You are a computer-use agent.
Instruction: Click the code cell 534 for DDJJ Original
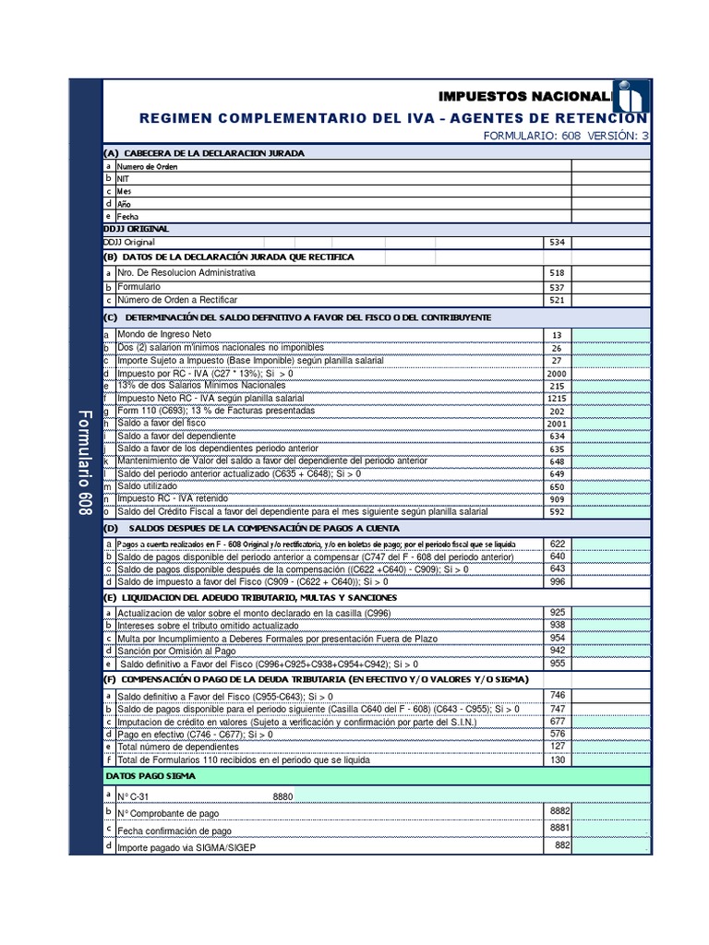(557, 243)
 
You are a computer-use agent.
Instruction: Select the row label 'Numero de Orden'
(147, 167)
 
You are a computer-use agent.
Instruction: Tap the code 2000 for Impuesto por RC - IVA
(557, 373)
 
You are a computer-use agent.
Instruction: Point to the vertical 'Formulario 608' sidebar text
(84, 461)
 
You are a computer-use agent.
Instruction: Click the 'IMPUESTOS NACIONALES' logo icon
(633, 97)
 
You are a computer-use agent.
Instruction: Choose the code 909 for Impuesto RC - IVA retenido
(557, 498)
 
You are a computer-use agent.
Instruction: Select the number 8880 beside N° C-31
(283, 796)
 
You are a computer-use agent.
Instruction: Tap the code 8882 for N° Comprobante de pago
(559, 810)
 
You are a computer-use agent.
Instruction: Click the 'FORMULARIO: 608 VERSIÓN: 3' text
(566, 136)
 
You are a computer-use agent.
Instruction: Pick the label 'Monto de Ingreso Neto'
(163, 334)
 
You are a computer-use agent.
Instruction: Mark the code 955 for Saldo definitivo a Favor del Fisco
(557, 663)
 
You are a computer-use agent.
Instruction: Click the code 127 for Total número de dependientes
(557, 747)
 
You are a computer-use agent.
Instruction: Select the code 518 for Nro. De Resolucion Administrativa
(557, 273)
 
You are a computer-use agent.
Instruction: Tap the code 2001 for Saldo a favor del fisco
(557, 423)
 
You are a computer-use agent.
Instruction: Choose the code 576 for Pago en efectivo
(557, 734)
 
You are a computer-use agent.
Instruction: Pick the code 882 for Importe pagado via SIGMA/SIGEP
(562, 844)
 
